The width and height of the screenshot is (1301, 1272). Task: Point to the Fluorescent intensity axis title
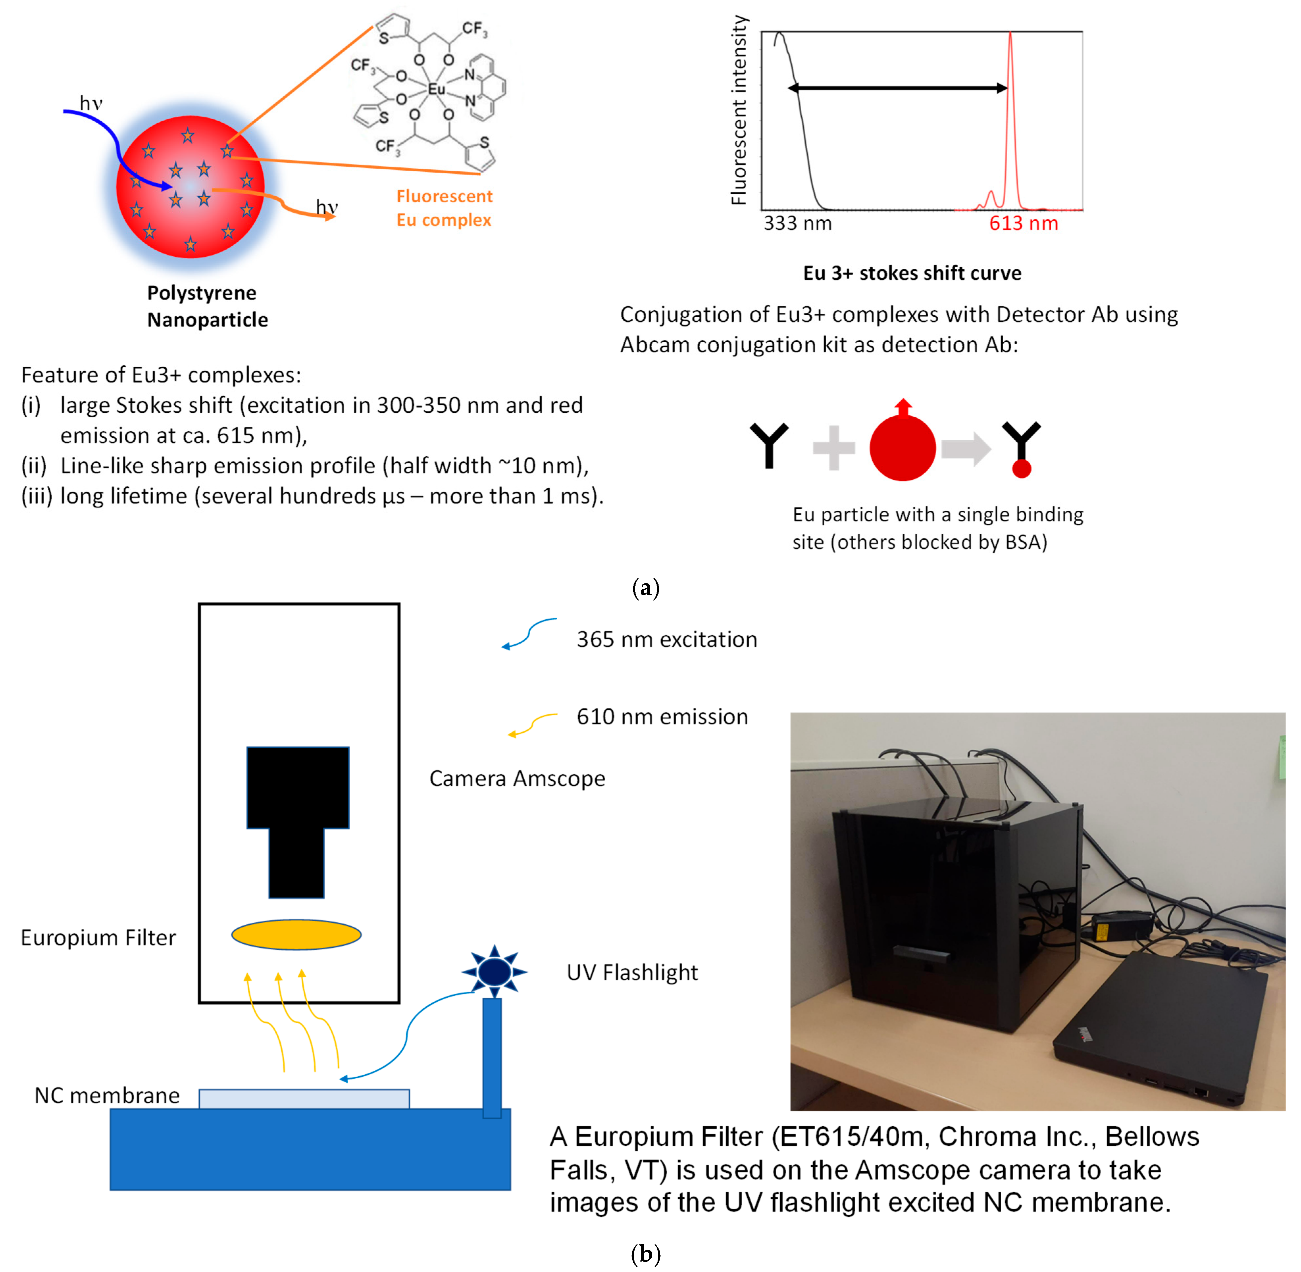pos(738,110)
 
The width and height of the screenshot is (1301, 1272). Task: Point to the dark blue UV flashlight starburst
pos(494,971)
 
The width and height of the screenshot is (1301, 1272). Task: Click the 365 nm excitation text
pos(666,639)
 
